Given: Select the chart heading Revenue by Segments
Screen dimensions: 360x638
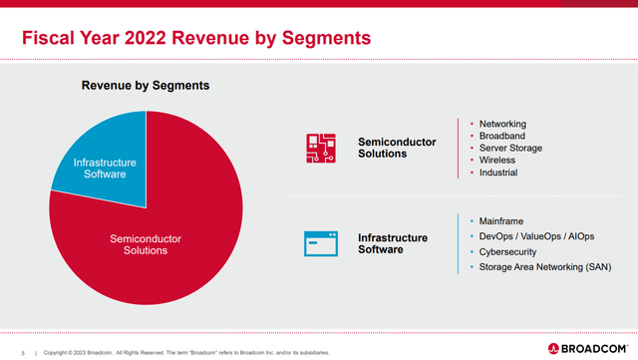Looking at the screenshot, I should coord(145,86).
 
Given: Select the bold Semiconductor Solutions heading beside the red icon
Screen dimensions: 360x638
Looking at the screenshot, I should coord(397,149).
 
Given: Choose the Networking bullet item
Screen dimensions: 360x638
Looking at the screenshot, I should coord(502,124).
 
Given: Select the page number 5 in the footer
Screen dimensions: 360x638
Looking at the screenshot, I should coord(22,352).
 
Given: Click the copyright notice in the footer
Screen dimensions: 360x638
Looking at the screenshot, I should coord(184,352).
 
